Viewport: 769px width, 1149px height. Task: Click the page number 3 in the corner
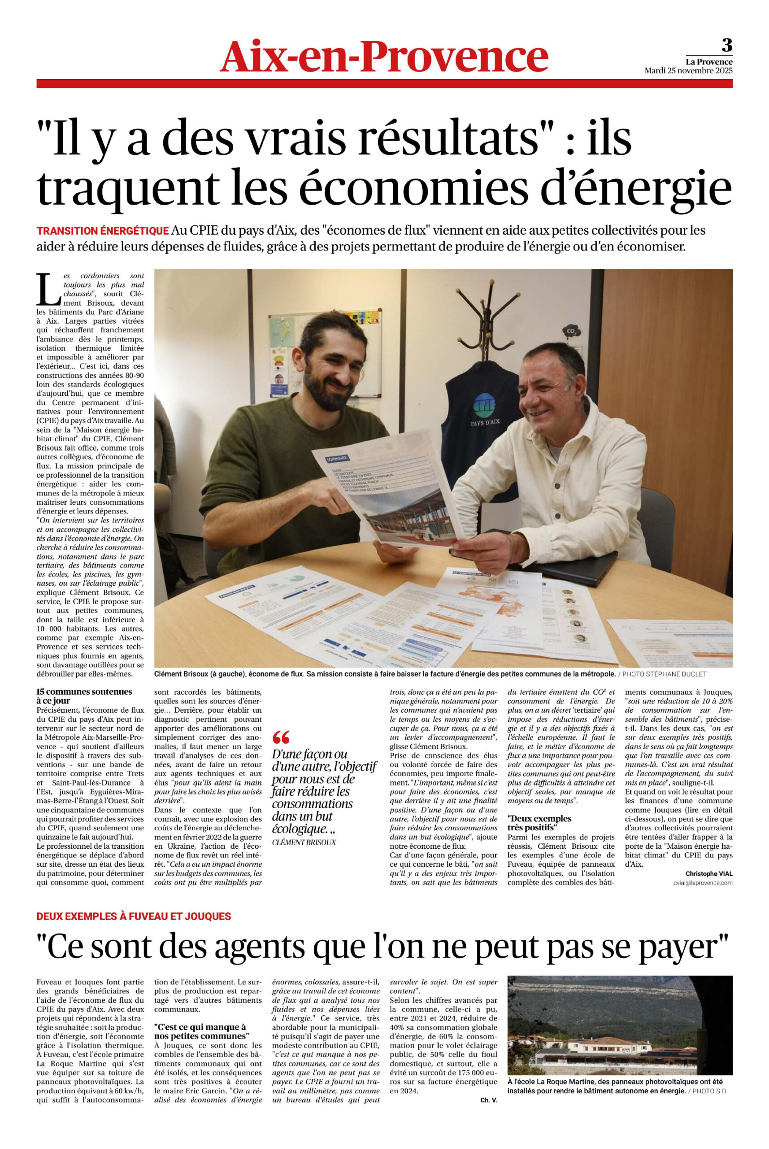727,46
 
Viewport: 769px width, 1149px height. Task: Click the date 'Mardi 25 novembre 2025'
688,70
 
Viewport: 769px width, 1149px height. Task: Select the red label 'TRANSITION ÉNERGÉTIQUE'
103,231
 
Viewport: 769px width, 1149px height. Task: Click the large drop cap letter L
48,289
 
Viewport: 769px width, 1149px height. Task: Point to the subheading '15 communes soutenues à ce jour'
84,696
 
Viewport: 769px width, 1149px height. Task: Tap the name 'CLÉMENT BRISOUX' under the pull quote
304,842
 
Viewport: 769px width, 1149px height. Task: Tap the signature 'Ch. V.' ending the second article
488,1110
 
